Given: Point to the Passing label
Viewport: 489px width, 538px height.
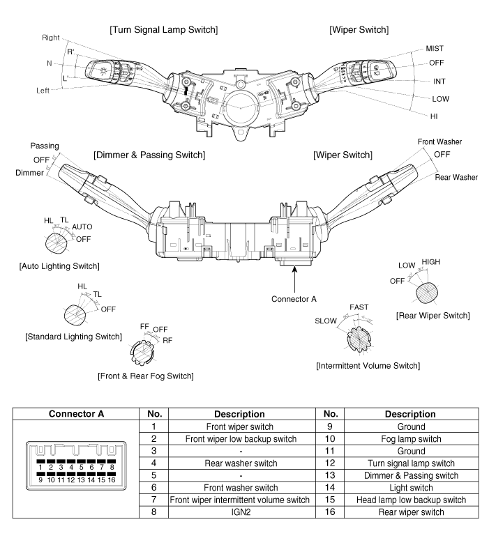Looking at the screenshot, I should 45,146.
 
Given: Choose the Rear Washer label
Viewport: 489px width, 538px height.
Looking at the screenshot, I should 456,177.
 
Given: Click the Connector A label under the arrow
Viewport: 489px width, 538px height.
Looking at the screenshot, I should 294,299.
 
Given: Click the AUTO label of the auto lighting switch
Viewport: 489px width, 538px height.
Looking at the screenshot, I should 82,227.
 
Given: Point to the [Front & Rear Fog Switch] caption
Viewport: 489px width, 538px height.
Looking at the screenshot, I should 156,376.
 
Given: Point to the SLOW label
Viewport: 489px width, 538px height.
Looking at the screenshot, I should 326,321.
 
